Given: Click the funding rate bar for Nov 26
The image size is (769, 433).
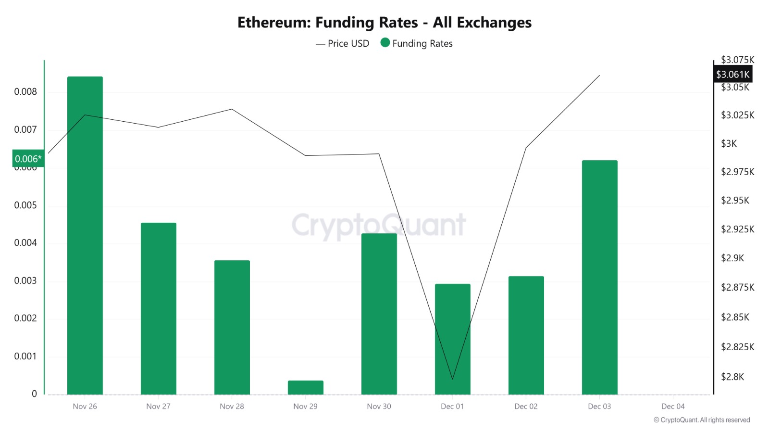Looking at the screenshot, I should [x=85, y=235].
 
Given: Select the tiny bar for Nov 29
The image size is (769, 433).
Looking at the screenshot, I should [x=306, y=387].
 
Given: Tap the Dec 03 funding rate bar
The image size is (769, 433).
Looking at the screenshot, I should [x=599, y=277].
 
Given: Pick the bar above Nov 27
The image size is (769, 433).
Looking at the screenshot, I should [x=159, y=308].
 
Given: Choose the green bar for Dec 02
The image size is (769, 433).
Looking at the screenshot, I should [x=526, y=335].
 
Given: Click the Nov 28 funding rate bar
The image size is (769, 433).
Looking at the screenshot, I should [x=232, y=327].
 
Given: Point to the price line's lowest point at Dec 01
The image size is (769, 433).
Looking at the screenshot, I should [x=452, y=379].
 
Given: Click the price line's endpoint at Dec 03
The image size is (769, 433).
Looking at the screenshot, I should [x=599, y=76].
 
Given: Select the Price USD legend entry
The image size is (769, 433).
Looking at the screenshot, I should [x=343, y=44].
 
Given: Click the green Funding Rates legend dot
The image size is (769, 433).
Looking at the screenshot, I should [x=385, y=43].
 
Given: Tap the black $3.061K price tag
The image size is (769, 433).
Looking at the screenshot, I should [x=732, y=75].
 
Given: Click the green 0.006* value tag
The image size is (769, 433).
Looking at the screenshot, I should [x=28, y=159].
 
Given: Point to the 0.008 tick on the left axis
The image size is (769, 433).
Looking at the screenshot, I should [x=25, y=92].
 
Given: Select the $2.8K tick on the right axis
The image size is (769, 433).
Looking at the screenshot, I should [x=732, y=377].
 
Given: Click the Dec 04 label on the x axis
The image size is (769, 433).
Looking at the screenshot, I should [x=673, y=407].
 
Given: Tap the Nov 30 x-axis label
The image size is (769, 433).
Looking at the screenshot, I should [x=379, y=407].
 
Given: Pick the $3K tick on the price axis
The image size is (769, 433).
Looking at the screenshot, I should [x=729, y=143].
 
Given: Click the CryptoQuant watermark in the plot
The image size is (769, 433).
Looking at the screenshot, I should [x=379, y=225].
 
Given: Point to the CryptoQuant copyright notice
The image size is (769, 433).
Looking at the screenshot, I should [x=702, y=420].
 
